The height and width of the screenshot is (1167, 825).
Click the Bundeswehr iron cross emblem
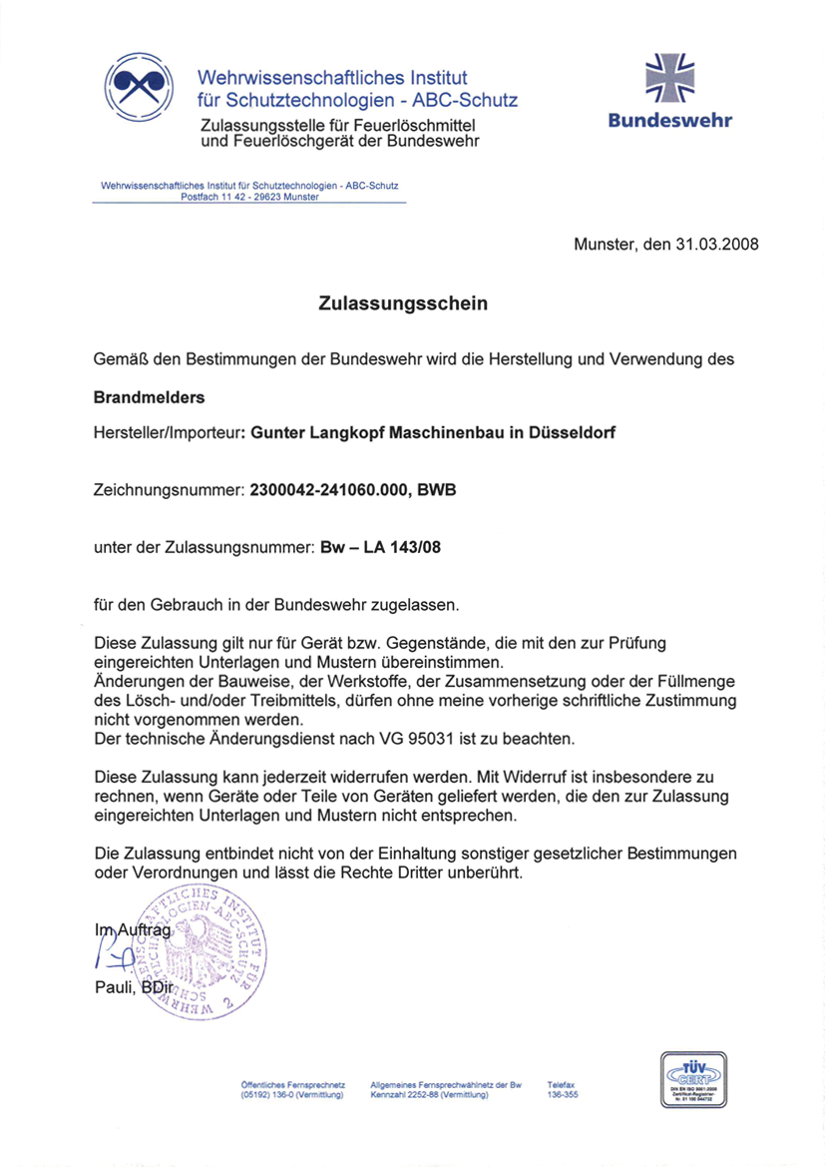pyautogui.click(x=670, y=78)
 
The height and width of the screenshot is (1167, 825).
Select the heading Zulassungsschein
pyautogui.click(x=403, y=303)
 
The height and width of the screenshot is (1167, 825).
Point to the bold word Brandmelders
pyautogui.click(x=149, y=397)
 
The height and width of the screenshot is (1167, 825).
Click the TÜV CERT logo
pyautogui.click(x=692, y=1080)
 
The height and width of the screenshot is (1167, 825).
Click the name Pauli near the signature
pyautogui.click(x=112, y=988)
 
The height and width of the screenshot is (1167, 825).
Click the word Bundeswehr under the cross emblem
pyautogui.click(x=670, y=122)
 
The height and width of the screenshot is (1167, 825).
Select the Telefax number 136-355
pyautogui.click(x=563, y=1095)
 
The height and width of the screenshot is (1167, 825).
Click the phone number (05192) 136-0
pyautogui.click(x=266, y=1095)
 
